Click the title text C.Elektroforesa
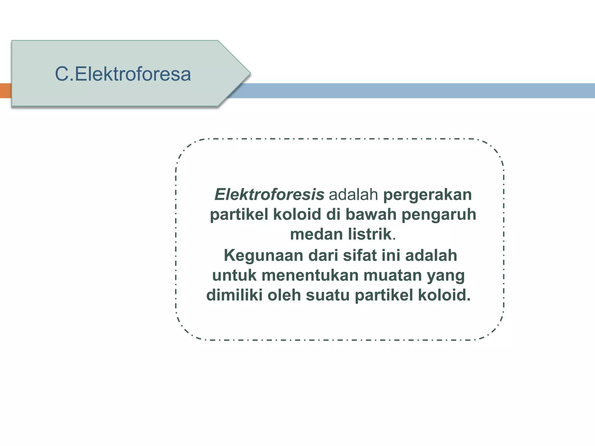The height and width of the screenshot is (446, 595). [x=123, y=74]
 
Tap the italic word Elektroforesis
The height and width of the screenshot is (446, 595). [x=269, y=195]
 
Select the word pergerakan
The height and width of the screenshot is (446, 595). [x=427, y=195]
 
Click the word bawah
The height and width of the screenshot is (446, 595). [x=371, y=215]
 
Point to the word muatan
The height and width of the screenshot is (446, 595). [x=393, y=275]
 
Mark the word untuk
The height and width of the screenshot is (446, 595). [x=234, y=275]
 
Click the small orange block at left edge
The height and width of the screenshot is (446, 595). [x=6, y=91]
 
